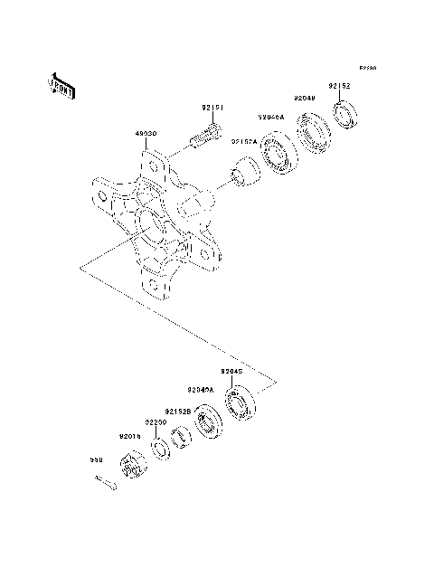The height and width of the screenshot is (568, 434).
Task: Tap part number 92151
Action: [x=212, y=108]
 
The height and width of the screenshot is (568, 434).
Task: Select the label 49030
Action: [x=146, y=133]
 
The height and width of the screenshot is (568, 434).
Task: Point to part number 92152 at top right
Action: [x=339, y=86]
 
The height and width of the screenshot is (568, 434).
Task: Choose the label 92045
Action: [x=231, y=371]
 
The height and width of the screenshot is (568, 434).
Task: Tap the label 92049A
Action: [x=201, y=390]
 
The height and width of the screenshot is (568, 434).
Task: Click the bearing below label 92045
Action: [x=240, y=404]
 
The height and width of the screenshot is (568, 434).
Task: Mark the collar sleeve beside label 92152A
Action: [x=241, y=173]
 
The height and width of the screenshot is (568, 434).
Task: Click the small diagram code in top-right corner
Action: [x=366, y=68]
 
